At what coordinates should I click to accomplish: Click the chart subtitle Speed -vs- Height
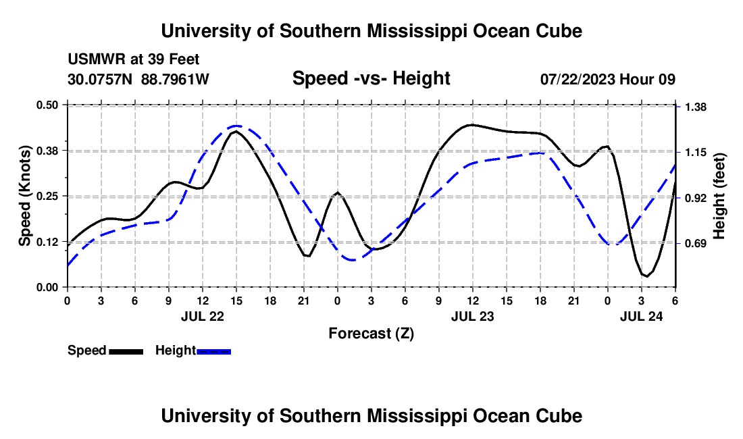[371, 78]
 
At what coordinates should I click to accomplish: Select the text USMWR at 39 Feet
[133, 60]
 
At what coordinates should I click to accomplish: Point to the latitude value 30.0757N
[101, 79]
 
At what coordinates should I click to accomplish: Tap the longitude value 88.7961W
[175, 79]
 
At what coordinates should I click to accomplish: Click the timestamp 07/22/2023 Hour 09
[607, 79]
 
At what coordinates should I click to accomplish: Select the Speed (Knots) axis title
[25, 196]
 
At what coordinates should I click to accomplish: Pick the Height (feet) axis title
[719, 196]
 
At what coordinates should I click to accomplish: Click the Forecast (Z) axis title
[371, 333]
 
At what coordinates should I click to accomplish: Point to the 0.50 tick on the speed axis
[48, 105]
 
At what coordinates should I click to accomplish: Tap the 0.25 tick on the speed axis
[48, 196]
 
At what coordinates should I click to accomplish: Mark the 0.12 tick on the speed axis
[48, 242]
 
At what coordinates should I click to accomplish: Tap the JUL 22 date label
[203, 315]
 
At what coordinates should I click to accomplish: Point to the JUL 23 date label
[473, 315]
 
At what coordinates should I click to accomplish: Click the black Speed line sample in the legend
[126, 351]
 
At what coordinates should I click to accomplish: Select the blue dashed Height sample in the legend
[213, 351]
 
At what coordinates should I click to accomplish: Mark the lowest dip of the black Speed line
[646, 276]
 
